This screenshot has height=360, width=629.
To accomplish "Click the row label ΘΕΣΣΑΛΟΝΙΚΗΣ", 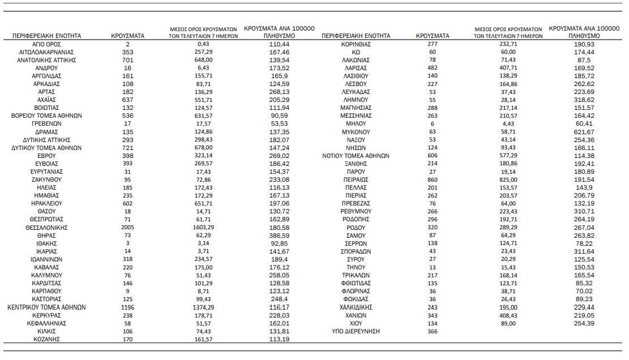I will pos(46,227).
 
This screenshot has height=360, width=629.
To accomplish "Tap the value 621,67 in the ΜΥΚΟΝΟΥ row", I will pos(584,131).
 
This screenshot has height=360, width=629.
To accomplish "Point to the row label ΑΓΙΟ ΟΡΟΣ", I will pos(46,44).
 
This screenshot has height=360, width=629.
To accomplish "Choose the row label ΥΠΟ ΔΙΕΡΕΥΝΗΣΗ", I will pos(356,331).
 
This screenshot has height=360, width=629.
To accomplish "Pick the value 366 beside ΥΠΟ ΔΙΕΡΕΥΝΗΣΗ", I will pos(433,331).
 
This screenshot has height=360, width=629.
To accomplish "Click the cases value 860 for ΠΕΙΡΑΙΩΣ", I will pos(433,179).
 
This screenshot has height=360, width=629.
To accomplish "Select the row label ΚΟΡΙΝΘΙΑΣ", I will pos(356,44).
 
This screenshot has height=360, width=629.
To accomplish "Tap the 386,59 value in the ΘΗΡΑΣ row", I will pos(279,235).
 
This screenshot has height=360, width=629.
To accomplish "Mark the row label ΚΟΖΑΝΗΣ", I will pos(46,339).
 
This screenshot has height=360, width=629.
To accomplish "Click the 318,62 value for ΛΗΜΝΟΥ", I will pos(584,99).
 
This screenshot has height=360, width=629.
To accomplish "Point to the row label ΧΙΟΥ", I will pos(356,323).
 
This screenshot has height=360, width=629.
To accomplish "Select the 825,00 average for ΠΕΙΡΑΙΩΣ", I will pos(508,179).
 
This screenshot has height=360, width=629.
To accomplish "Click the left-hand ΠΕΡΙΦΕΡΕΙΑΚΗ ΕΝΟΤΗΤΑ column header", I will pos(46,36).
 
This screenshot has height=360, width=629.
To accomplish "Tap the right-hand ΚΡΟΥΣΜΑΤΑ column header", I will pos(433,36).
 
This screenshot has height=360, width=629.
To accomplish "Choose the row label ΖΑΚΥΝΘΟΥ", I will pos(46,179).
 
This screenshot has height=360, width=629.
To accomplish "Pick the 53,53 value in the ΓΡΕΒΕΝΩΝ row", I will pos(279,123).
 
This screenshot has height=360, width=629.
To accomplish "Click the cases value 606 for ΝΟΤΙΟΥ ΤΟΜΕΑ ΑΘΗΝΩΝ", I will pos(433,155).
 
